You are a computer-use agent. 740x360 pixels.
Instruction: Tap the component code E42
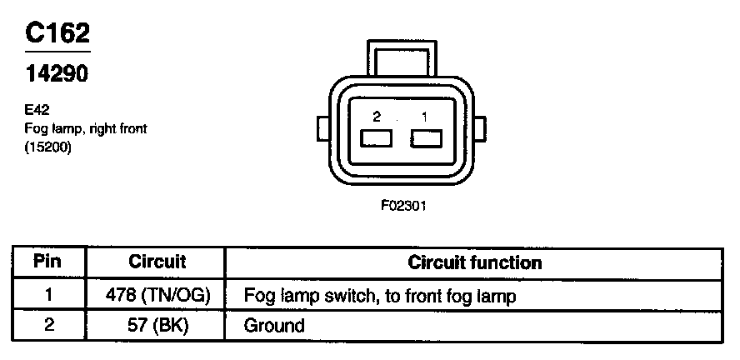[x=38, y=108]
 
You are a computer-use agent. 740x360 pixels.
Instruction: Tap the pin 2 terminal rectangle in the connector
[x=375, y=139]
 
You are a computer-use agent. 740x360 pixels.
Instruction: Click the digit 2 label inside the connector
[x=377, y=118]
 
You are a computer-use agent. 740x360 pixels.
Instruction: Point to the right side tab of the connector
[x=479, y=130]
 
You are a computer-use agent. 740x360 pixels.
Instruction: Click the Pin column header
[x=47, y=262]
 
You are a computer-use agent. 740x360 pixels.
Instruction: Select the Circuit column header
[x=157, y=262]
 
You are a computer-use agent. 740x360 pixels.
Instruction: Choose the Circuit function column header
[x=475, y=262]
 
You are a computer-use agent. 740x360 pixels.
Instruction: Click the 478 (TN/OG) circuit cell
[x=157, y=295]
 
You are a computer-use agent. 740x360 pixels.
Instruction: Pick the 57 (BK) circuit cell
[x=157, y=324]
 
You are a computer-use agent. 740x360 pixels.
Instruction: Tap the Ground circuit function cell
[x=274, y=324]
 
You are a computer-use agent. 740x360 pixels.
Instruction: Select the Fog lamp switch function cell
[x=378, y=295]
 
